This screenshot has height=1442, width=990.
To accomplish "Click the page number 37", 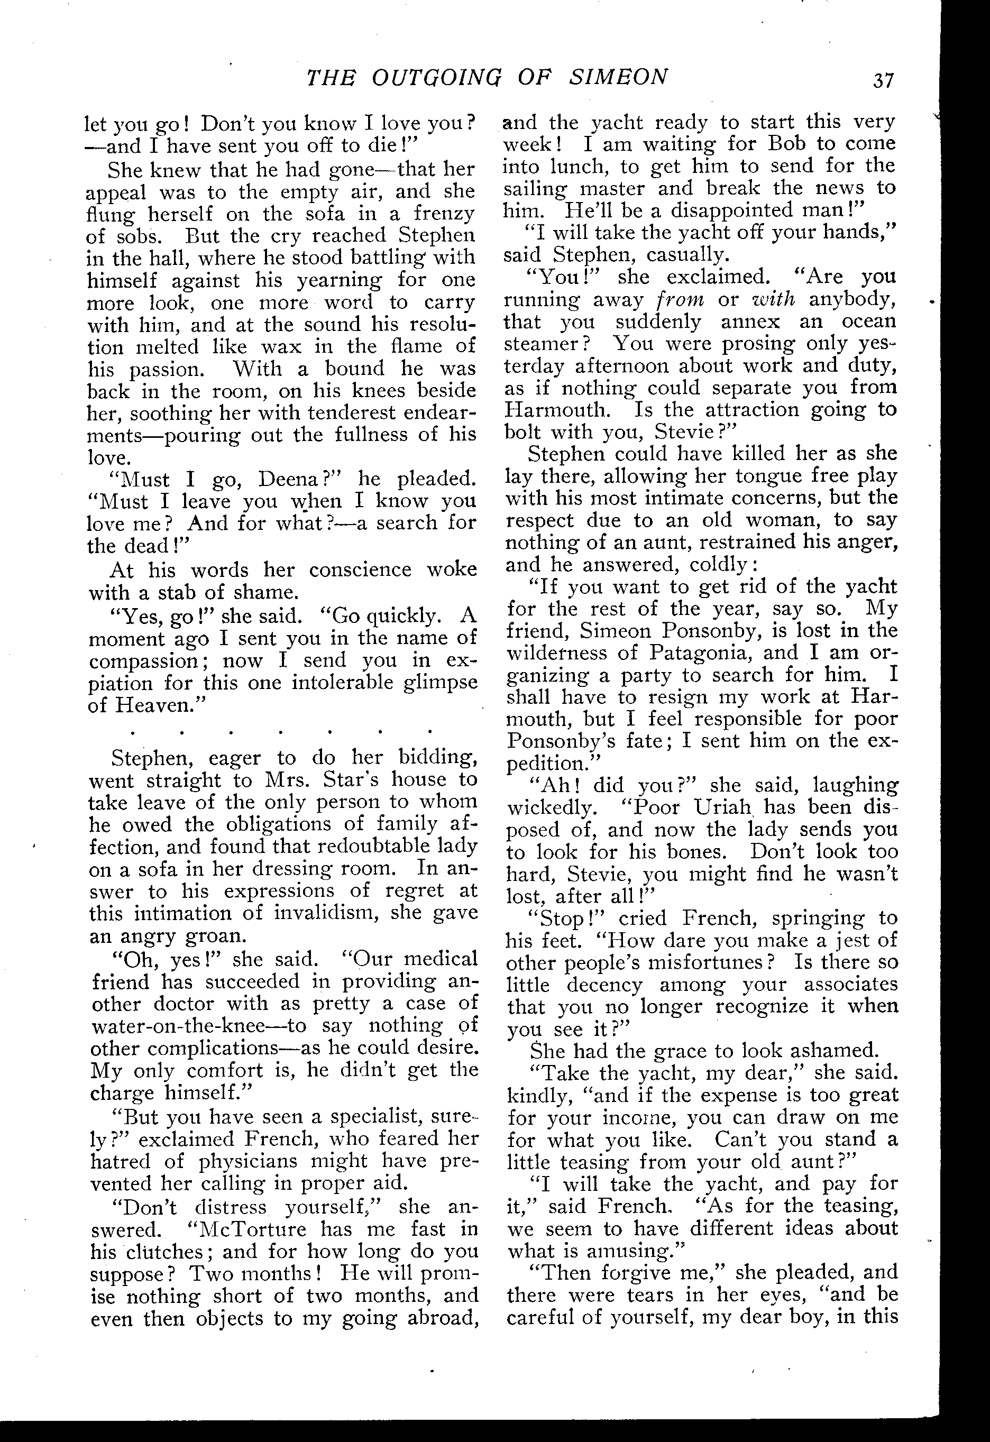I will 883,80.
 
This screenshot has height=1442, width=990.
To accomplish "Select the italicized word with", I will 773,300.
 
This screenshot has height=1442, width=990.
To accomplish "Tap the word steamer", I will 540,344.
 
